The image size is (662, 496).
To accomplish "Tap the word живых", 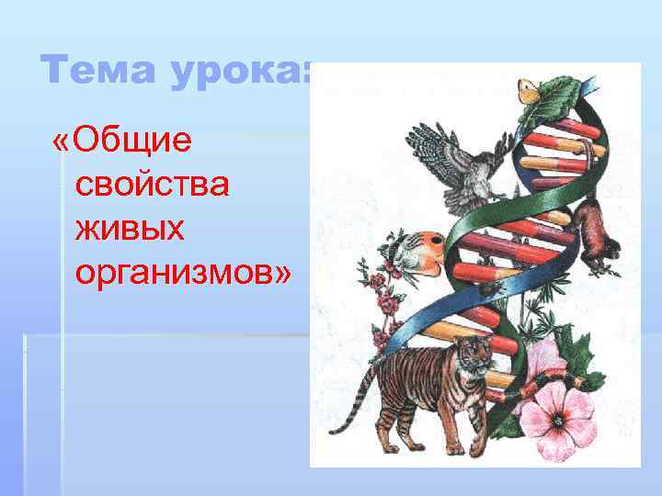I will pyautogui.click(x=131, y=227).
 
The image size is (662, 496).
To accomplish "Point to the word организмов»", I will pyautogui.click(x=184, y=270).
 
